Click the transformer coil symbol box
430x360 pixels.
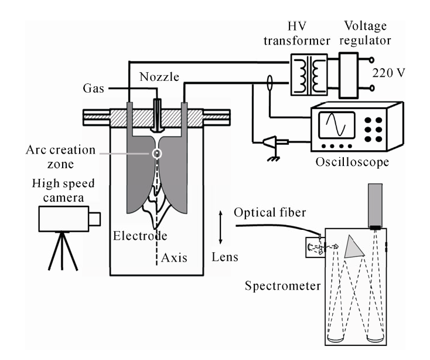pyautogui.click(x=309, y=74)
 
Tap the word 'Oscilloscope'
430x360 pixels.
pyautogui.click(x=352, y=161)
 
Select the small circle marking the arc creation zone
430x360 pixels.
pyautogui.click(x=156, y=154)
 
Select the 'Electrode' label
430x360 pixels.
pyautogui.click(x=139, y=237)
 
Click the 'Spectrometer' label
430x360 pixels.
pyautogui.click(x=284, y=286)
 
